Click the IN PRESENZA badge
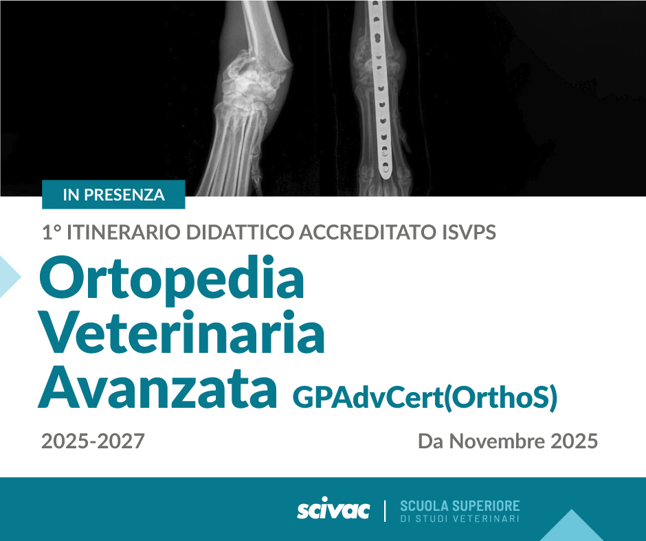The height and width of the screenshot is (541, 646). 113,194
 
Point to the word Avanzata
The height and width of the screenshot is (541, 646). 158,387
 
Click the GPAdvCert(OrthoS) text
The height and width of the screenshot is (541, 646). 425,398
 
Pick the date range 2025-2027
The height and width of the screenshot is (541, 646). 93,441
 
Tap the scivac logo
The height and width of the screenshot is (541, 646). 333,509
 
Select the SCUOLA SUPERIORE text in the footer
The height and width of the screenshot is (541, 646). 460,505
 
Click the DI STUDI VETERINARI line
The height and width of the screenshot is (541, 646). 460,519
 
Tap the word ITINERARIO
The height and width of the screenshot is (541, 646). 123,232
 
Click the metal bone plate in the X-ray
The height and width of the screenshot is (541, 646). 381,89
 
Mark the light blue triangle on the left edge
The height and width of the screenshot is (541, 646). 8,277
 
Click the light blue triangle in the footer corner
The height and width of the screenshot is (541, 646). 571,525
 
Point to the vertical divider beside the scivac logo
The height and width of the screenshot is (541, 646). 386,511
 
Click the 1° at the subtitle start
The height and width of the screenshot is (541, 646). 52,232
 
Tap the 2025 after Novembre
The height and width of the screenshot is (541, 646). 575,441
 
